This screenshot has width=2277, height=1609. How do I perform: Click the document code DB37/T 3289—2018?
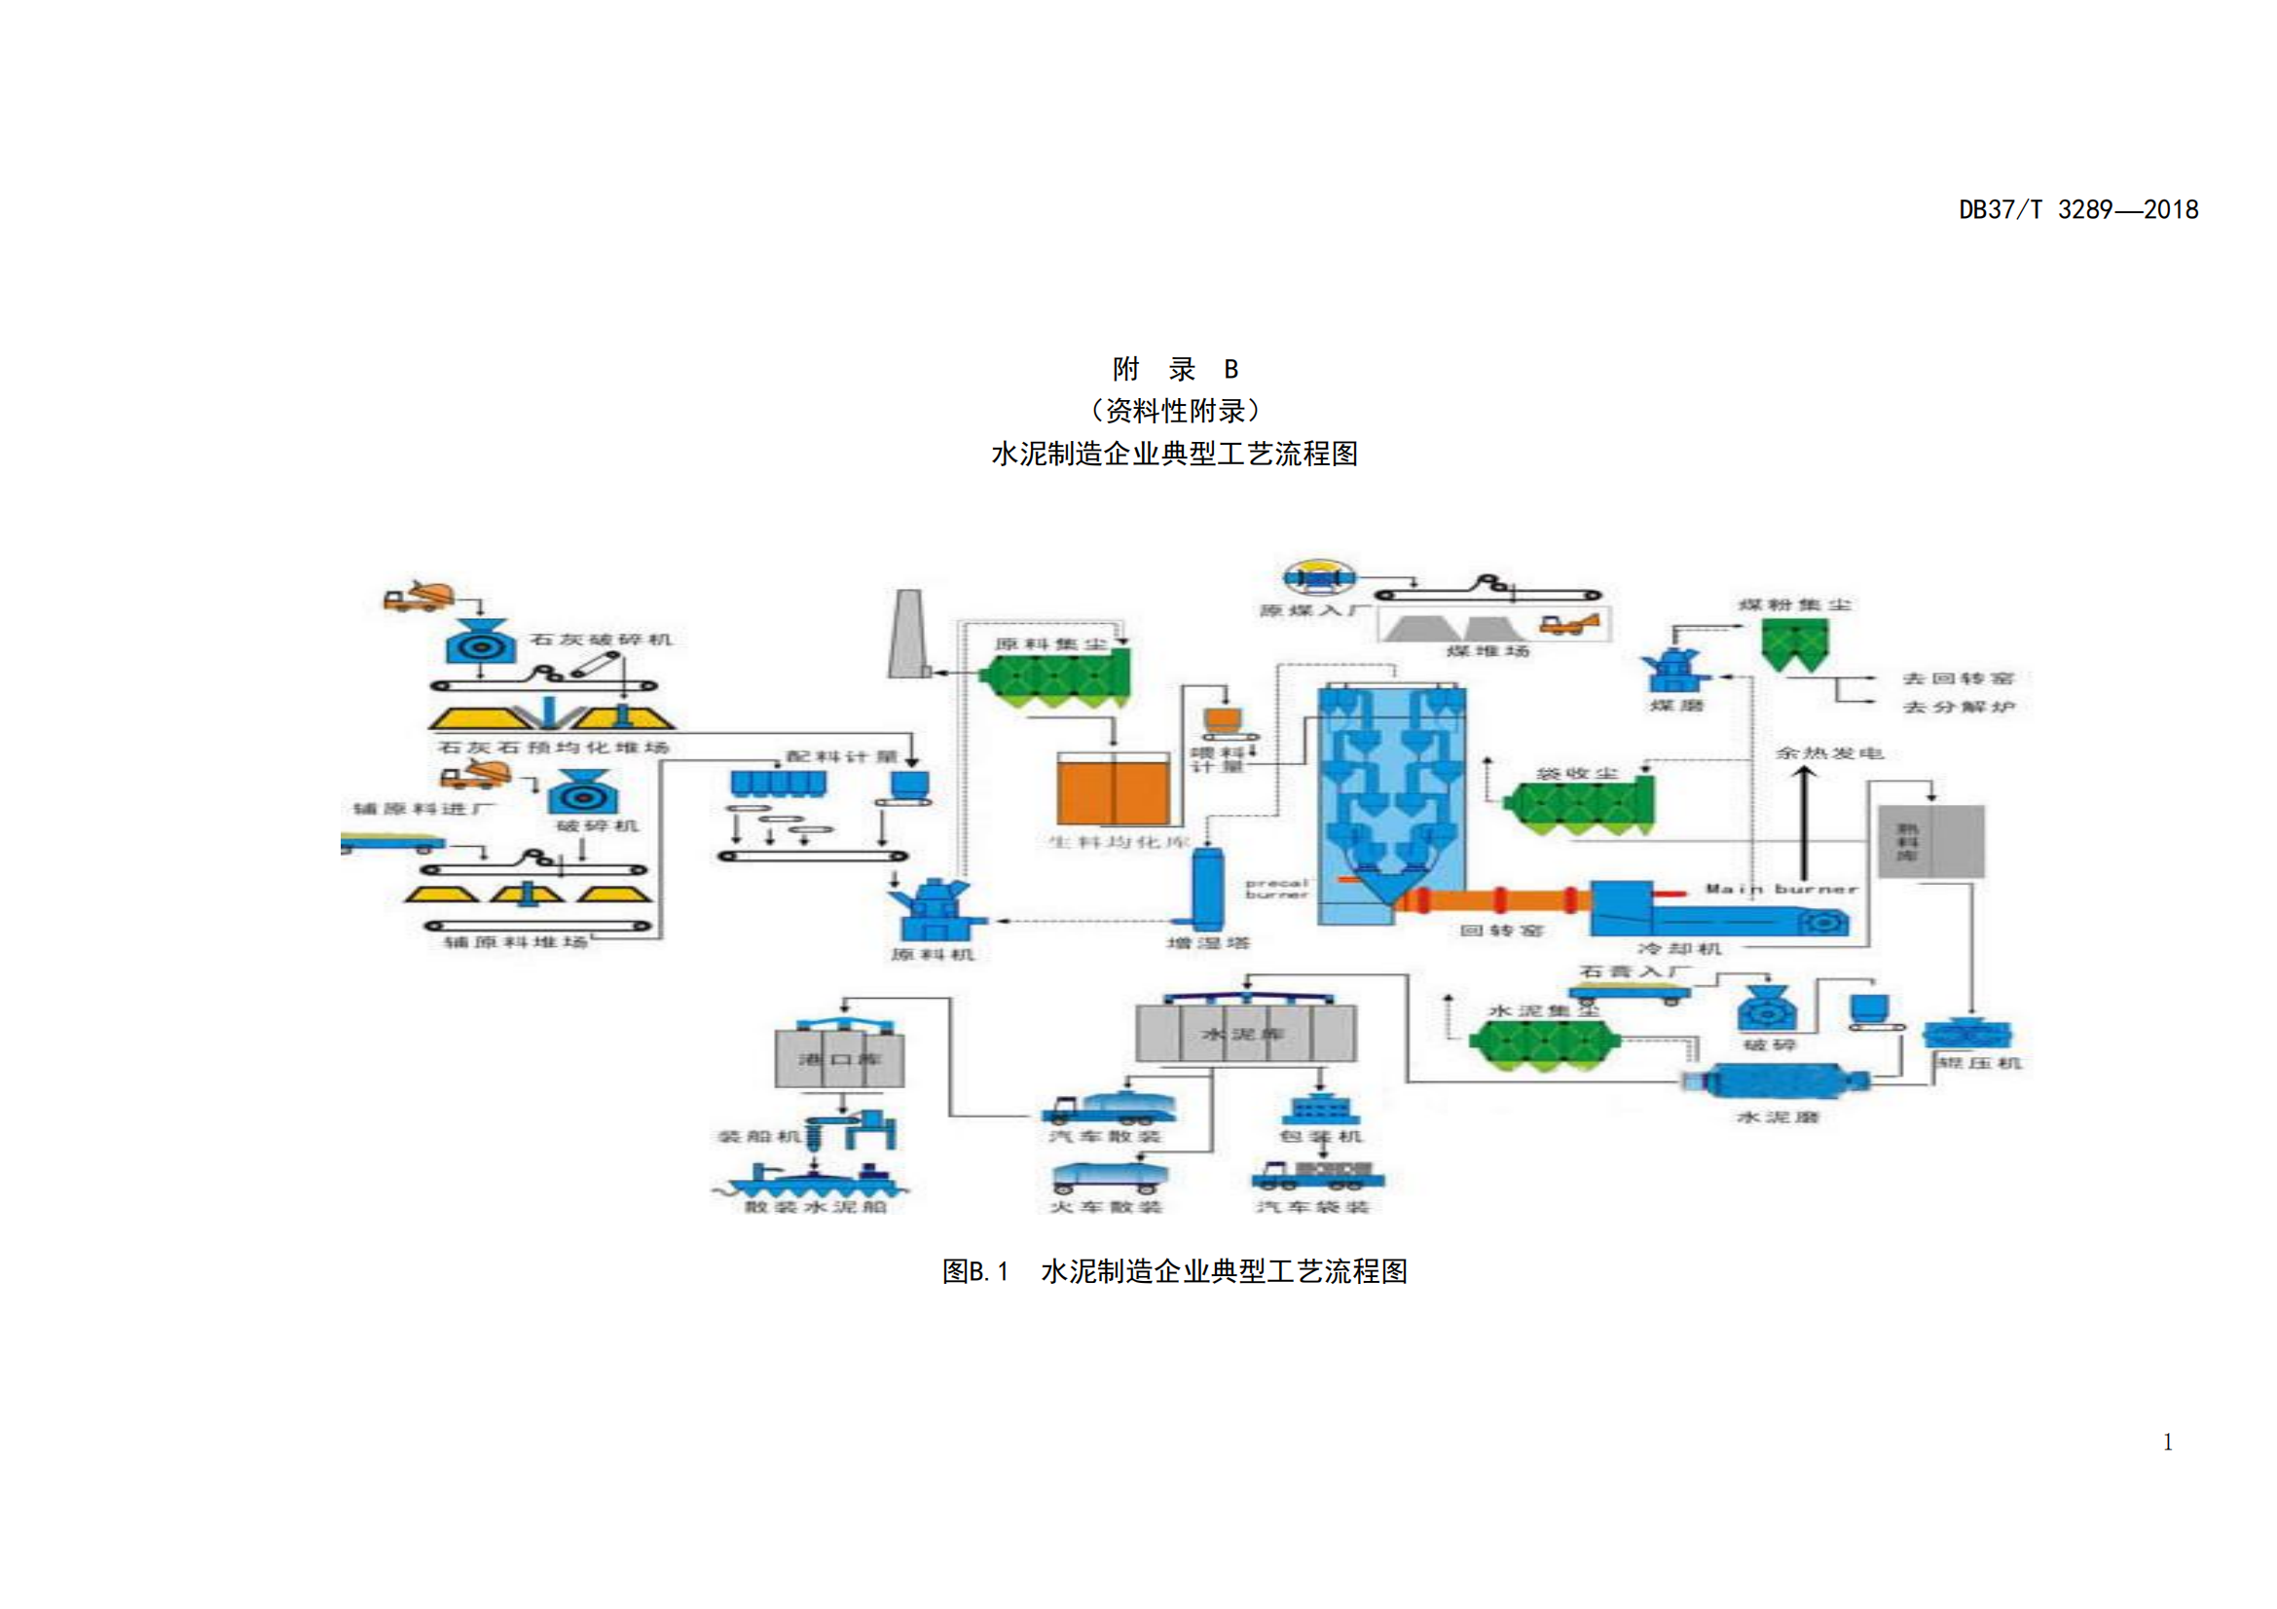[2077, 210]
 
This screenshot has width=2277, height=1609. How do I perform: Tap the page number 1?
[2167, 1442]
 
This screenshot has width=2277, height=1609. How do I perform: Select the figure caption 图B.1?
[974, 1272]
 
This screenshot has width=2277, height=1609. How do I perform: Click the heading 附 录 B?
[1174, 370]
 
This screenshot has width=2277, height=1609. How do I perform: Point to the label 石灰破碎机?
[601, 640]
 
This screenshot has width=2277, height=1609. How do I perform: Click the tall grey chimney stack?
[907, 635]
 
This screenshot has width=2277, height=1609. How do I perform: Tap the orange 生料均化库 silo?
[1112, 790]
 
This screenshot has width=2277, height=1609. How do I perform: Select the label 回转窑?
[1501, 930]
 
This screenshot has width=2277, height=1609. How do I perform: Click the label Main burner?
[1781, 890]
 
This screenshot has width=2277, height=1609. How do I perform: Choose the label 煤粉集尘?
[1795, 603]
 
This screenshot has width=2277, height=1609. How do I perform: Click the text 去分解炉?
[1958, 707]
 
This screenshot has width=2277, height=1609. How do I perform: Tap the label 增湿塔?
[1207, 943]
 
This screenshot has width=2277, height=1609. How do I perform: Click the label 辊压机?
[1978, 1063]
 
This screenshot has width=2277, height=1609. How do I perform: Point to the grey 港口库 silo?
[839, 1059]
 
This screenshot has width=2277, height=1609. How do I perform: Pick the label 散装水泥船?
[815, 1206]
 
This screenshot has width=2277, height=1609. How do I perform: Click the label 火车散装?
[1106, 1206]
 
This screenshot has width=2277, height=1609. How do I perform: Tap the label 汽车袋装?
[1313, 1206]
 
